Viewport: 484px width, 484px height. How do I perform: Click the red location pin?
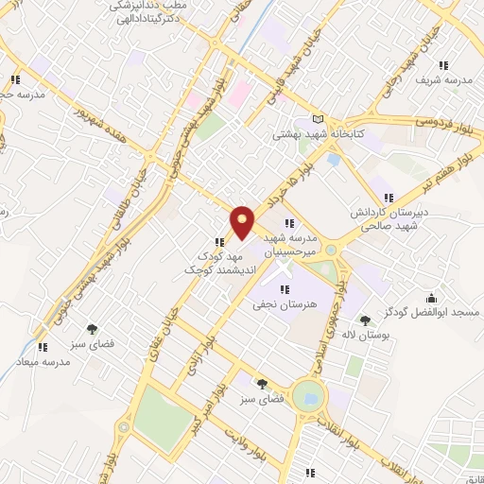pos(243,221)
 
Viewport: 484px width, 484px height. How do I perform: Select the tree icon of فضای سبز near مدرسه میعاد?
pos(92,329)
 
